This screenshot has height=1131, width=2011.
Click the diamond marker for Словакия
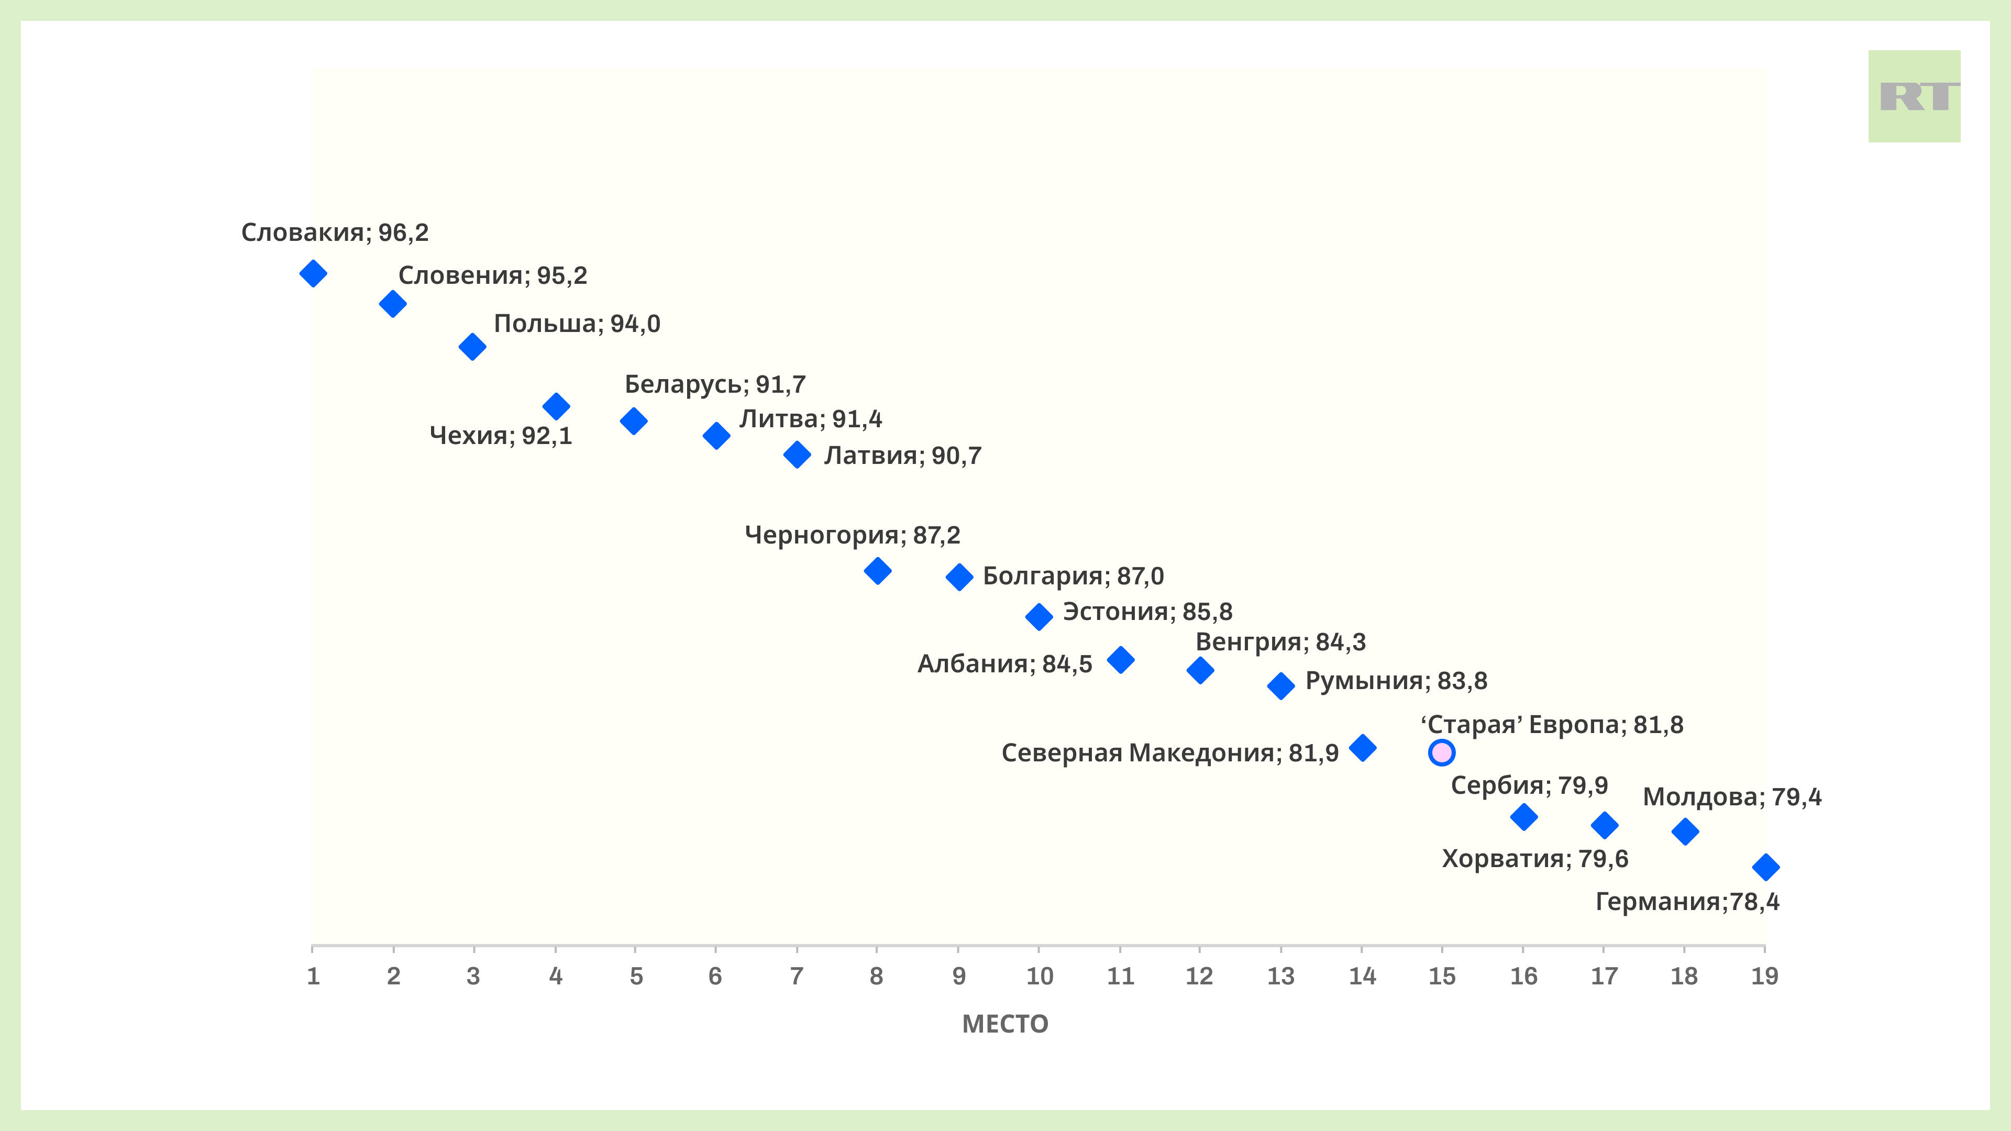(x=313, y=273)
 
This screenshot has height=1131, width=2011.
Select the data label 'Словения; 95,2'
(x=493, y=275)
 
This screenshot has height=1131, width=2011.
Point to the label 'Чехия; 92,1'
(x=501, y=436)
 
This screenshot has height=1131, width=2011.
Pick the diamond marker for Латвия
(x=797, y=454)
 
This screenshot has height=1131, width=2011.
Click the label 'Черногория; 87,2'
(x=853, y=536)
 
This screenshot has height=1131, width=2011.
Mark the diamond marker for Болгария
(x=959, y=577)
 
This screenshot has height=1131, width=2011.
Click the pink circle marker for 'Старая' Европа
(x=1441, y=752)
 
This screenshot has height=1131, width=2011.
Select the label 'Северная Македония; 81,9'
(x=1170, y=753)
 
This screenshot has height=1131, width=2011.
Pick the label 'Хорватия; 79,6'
(x=1535, y=859)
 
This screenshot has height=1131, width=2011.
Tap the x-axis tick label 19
(x=1764, y=975)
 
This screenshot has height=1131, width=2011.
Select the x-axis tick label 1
(x=313, y=975)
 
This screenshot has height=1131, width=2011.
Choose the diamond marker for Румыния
(x=1281, y=686)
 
